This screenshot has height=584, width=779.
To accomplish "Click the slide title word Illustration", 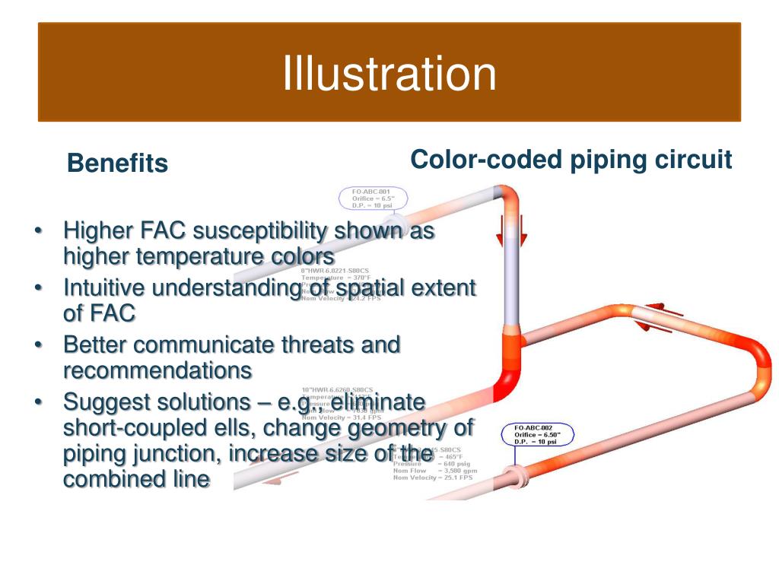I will pyautogui.click(x=389, y=74).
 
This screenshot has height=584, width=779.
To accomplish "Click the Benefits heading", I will pyautogui.click(x=117, y=163).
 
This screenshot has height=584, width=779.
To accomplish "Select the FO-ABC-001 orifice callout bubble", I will pyautogui.click(x=374, y=198).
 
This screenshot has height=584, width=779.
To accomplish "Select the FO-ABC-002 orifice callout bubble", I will pyautogui.click(x=538, y=435).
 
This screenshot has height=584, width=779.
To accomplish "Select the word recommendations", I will pyautogui.click(x=157, y=370).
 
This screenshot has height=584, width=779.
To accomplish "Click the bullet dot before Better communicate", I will pyautogui.click(x=39, y=346).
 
